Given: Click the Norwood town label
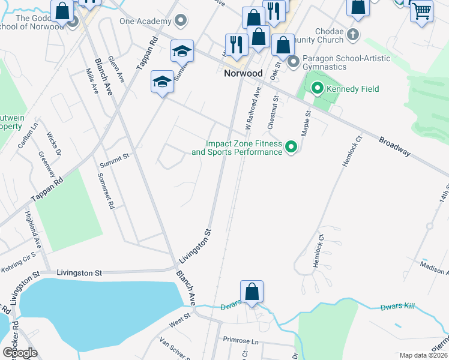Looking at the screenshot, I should pos(243,73).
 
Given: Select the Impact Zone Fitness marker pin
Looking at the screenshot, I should pos(291,146).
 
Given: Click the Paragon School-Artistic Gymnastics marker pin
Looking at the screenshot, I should pos(294,61).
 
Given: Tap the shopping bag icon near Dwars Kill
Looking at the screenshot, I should pos(253,292).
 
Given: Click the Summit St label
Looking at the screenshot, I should pos(114,157).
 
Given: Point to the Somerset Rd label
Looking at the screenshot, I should pos(106,191).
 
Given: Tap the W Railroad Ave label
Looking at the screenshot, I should pos(253,108).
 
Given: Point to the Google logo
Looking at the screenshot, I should pos(20,352).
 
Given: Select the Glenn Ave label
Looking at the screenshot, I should pos(116,69).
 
